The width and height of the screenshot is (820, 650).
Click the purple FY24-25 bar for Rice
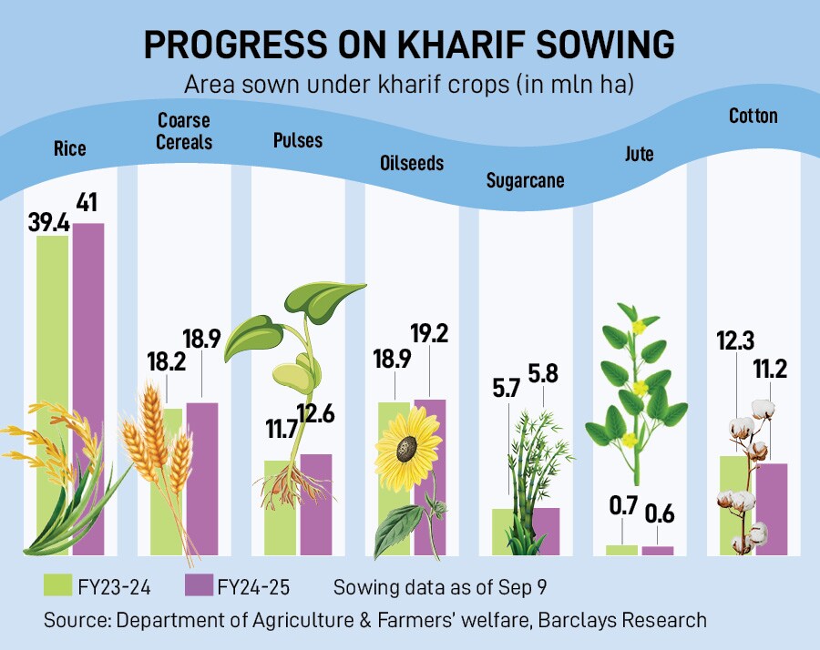tap(88, 382)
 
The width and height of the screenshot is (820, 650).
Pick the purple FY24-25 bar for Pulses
tap(316, 505)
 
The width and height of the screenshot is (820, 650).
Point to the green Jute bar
tap(622, 550)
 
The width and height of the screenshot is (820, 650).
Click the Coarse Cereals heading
tap(184, 131)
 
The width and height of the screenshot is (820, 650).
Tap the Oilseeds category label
tap(412, 163)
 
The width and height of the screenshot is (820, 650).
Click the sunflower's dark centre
tap(405, 448)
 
